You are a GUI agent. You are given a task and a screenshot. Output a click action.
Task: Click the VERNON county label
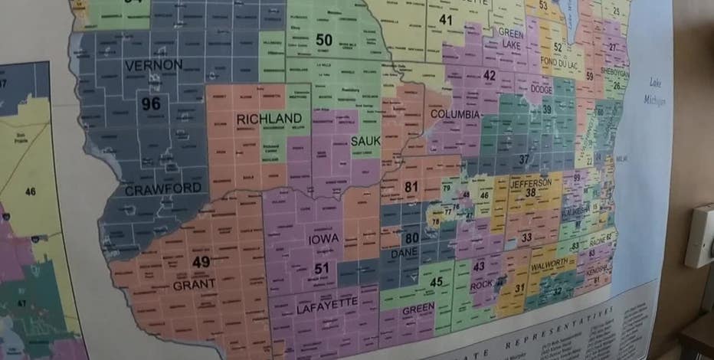[x=153, y=64]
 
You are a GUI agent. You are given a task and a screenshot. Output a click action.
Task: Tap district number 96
[x=151, y=103]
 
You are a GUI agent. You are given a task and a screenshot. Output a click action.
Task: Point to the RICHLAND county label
[x=269, y=119]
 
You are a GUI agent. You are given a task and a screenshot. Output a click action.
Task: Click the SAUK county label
[x=365, y=141]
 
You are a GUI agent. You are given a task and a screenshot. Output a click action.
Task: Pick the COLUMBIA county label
[x=455, y=115]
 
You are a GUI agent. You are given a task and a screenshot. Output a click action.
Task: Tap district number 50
[x=324, y=40]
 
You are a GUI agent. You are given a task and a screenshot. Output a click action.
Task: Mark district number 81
[x=411, y=186]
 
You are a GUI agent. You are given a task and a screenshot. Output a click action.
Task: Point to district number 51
[x=322, y=267]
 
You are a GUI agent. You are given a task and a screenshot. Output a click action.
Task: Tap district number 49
[x=201, y=262]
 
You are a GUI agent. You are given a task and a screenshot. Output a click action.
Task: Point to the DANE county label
[x=404, y=252]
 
